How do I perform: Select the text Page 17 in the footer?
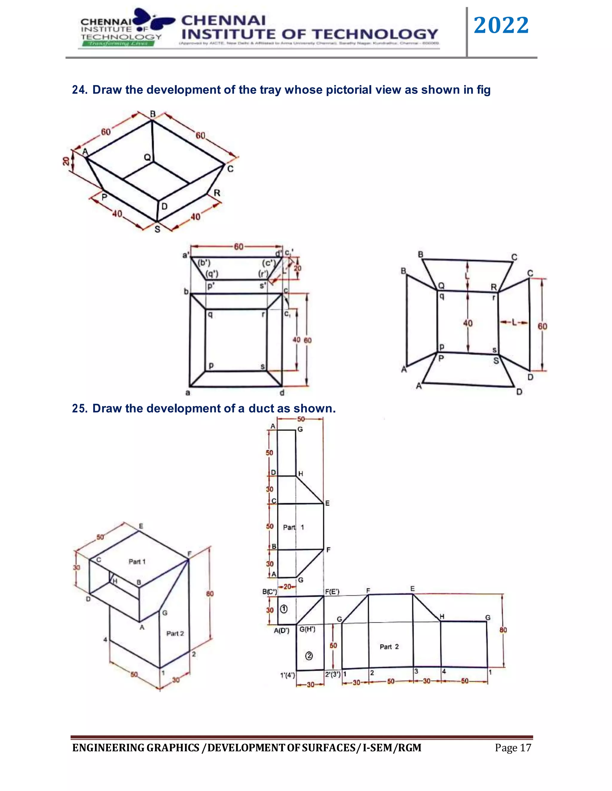513,748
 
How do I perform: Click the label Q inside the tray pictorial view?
147,158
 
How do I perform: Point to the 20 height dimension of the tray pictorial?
66,161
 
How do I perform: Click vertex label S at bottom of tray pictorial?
157,229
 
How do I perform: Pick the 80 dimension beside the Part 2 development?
503,630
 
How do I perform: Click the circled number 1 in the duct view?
284,609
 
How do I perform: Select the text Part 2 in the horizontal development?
389,647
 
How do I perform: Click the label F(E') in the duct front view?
332,592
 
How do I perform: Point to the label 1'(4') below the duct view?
287,675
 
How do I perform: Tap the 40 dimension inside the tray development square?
468,323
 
